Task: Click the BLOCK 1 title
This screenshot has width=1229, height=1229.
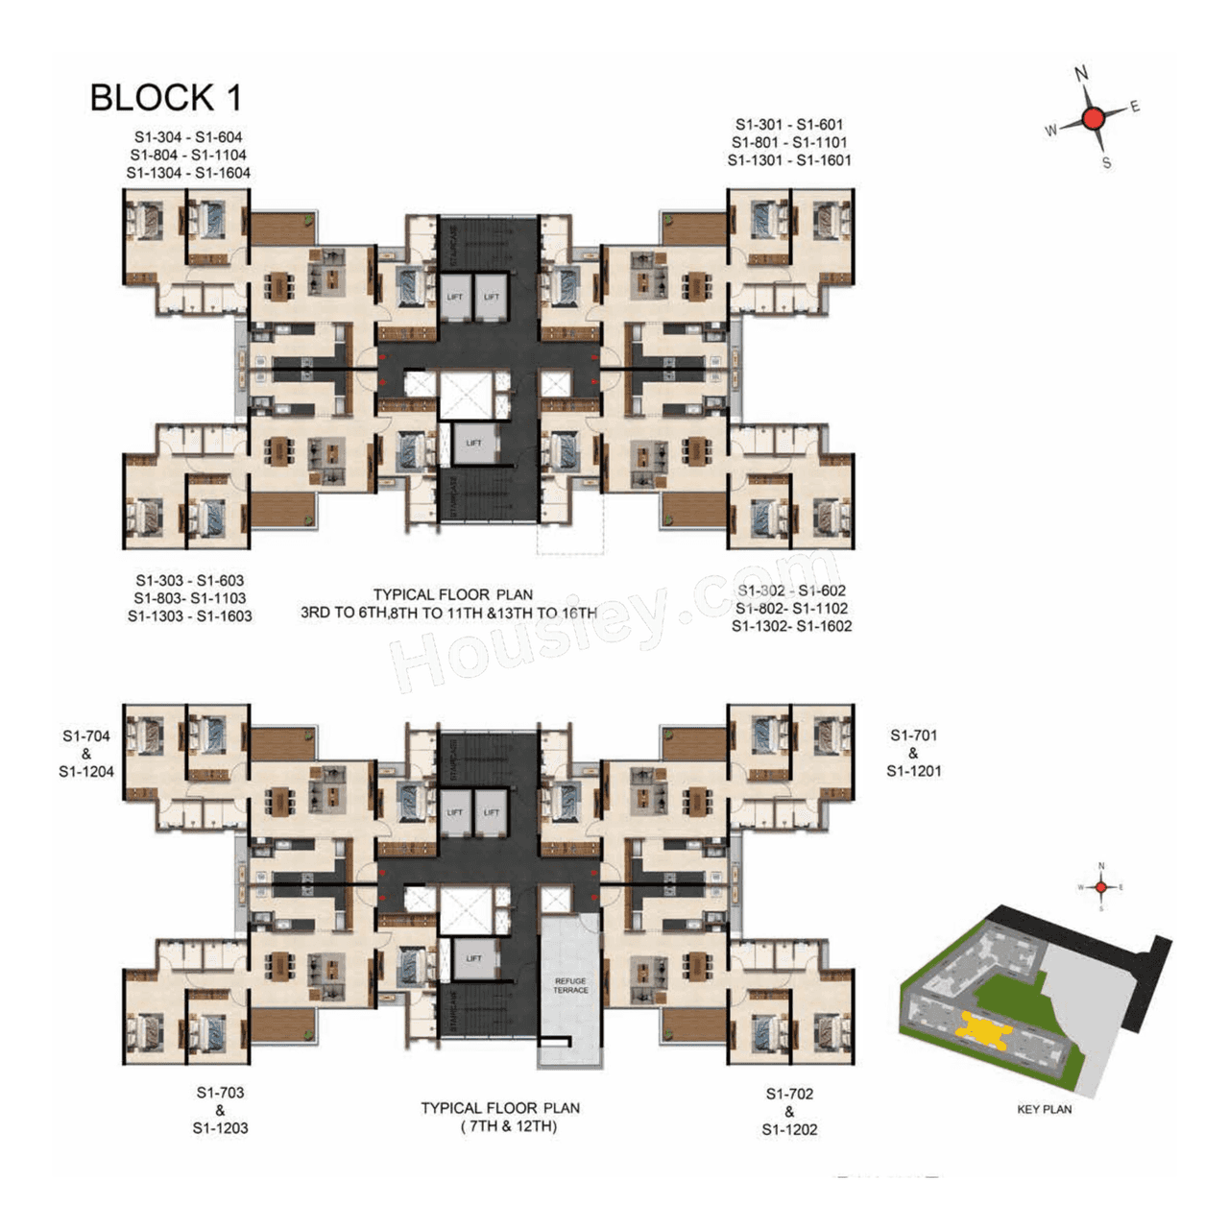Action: coord(165,98)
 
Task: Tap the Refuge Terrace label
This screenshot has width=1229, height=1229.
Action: coord(570,985)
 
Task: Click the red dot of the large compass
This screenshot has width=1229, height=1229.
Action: coord(1093,118)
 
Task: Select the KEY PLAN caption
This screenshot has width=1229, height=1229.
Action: coord(1044,1109)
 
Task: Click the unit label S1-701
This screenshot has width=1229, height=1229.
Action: coord(913,735)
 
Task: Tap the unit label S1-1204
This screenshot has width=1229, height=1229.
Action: coord(86,771)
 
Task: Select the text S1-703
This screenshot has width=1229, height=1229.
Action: coord(220,1093)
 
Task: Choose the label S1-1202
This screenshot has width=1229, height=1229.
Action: coord(789,1130)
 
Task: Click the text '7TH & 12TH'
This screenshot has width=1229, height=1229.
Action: coord(508,1126)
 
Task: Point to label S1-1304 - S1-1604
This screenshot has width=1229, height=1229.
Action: coord(188,173)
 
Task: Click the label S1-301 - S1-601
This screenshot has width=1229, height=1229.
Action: coord(789,124)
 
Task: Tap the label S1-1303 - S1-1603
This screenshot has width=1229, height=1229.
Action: coord(189,615)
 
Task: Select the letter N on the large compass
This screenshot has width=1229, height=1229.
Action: coord(1081,74)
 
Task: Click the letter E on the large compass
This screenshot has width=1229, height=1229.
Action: coord(1135,106)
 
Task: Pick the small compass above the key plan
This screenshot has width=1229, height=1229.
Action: coord(1101,887)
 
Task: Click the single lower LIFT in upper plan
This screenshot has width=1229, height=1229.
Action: coord(473,444)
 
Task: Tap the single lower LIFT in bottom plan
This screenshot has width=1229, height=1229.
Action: coord(473,959)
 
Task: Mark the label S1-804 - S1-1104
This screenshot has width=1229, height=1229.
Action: coord(188,155)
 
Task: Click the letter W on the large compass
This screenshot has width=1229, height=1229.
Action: coord(1051,130)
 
